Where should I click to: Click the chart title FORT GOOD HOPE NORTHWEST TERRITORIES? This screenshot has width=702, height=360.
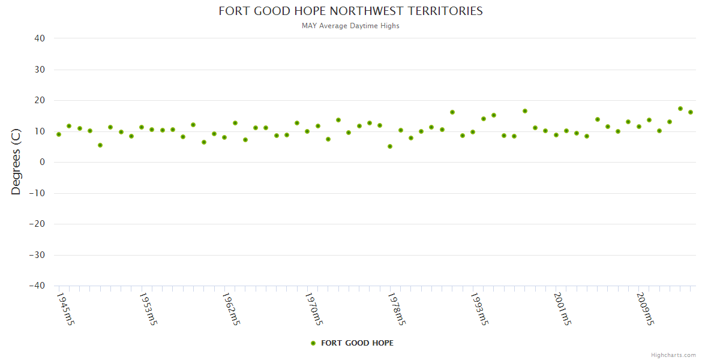point(350,11)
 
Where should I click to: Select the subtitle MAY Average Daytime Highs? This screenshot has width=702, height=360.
point(350,26)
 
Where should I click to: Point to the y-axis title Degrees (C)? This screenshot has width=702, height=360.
point(16,162)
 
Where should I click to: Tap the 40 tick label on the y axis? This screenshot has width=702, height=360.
point(40,38)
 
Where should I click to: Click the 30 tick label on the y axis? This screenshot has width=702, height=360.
point(40,70)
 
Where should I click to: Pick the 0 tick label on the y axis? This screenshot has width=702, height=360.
point(43,162)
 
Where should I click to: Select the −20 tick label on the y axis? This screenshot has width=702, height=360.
point(37,224)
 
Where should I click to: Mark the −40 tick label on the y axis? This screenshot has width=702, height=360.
point(37,286)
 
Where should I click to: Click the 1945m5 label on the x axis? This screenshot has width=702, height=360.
point(65,309)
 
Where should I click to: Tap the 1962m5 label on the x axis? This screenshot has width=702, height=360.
point(231,309)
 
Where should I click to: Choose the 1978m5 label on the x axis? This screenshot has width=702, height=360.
point(396,309)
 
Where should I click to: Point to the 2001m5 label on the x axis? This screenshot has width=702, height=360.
point(562,309)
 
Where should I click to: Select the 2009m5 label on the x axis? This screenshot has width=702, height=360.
point(644,309)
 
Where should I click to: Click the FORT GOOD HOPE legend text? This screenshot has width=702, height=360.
point(358,343)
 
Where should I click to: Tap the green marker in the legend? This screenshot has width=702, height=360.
point(313,343)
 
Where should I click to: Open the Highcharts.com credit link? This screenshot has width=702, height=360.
point(673,355)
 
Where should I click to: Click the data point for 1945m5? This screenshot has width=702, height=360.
point(59,134)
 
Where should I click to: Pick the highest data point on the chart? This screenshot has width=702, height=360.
point(680,109)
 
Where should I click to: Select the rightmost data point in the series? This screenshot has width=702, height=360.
point(691,112)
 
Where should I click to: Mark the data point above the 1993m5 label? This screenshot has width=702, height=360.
point(473,132)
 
